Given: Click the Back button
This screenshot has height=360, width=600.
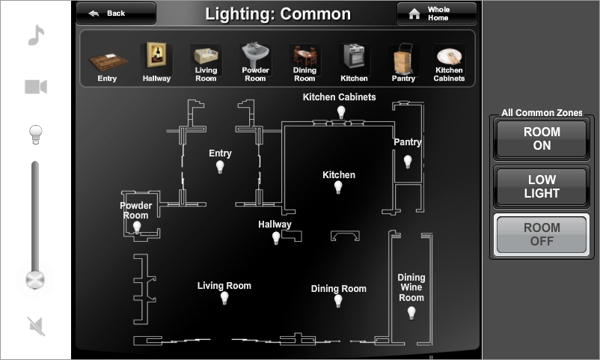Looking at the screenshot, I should pyautogui.click(x=116, y=13).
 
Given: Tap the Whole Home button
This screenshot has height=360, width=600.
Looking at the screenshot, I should pyautogui.click(x=436, y=13).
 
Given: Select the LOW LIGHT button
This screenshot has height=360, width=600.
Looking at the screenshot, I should pyautogui.click(x=542, y=186).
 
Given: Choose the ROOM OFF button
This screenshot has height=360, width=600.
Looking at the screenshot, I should pyautogui.click(x=542, y=234).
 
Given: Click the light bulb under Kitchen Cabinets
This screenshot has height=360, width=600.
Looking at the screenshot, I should pyautogui.click(x=341, y=112).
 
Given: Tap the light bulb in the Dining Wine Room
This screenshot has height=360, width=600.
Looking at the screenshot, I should pyautogui.click(x=411, y=313).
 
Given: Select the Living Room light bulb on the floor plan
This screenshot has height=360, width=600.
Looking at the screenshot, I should pyautogui.click(x=224, y=299).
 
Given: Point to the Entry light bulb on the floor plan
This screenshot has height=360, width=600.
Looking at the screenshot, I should pyautogui.click(x=220, y=167).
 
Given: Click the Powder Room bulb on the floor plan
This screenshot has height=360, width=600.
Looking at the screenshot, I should pyautogui.click(x=137, y=227).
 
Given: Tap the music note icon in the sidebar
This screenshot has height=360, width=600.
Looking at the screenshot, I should pyautogui.click(x=36, y=35).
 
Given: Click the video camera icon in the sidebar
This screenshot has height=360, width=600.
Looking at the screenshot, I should pyautogui.click(x=36, y=87).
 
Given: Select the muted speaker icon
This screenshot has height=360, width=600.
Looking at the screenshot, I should pyautogui.click(x=36, y=326).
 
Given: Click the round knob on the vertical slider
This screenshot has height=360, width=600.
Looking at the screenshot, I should pyautogui.click(x=35, y=280).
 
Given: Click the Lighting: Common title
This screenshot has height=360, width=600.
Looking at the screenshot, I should pyautogui.click(x=278, y=13).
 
